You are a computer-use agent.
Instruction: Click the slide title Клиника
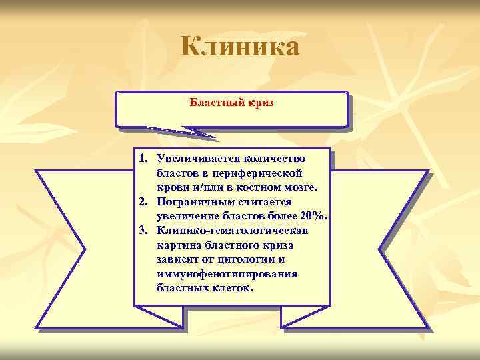click(240, 47)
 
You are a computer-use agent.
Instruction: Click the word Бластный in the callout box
click(213, 103)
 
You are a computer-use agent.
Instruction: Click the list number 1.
click(143, 158)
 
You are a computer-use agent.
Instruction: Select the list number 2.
click(143, 201)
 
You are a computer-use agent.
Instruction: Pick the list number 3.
click(143, 231)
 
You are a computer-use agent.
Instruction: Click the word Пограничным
click(193, 201)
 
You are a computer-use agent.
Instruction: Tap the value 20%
click(312, 216)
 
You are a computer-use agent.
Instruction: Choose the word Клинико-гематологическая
click(232, 231)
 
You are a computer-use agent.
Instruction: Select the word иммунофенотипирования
click(227, 274)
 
